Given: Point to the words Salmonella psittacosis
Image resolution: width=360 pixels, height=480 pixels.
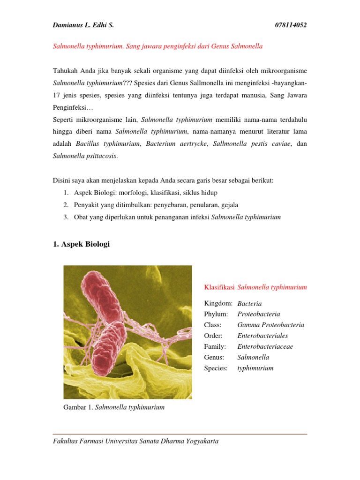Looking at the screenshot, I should pos(85,156).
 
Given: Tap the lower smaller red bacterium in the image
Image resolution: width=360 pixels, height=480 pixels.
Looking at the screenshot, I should pos(109,348).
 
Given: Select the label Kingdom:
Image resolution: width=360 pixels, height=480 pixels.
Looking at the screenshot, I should pos(219,304).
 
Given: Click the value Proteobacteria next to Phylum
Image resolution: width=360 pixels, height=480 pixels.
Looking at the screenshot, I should pos(259,315).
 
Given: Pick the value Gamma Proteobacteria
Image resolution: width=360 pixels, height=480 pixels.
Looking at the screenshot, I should pos(270,325).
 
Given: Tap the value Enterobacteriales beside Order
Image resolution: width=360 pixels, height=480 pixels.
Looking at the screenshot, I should pos(262,336).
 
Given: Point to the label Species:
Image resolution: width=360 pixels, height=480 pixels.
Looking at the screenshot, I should pos(216,368).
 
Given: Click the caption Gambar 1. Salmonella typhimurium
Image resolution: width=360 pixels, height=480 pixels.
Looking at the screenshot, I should pos(114,407).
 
